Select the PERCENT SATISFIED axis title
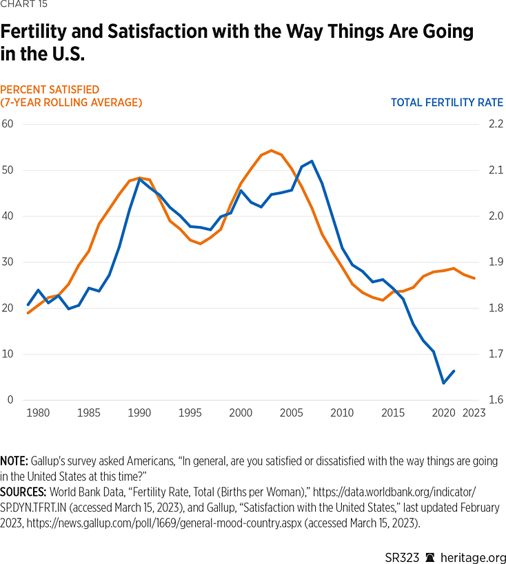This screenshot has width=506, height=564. (x=50, y=90)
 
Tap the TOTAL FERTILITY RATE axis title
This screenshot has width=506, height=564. (x=447, y=103)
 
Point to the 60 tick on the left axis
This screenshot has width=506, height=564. (x=8, y=124)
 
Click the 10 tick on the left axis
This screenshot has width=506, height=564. (x=8, y=354)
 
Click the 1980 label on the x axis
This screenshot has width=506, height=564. (x=37, y=413)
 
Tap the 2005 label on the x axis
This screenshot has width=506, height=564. (x=291, y=413)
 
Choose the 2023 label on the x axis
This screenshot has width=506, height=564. (x=474, y=413)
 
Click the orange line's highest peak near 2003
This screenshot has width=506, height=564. (x=272, y=150)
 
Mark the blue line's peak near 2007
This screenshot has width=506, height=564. (x=312, y=161)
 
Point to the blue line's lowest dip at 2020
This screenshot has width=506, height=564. (x=443, y=383)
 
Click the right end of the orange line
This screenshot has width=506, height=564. (x=474, y=278)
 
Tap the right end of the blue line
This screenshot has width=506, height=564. (x=454, y=371)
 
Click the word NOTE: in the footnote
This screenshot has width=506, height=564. (x=13, y=461)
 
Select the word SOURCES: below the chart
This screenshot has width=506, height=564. (x=23, y=492)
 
